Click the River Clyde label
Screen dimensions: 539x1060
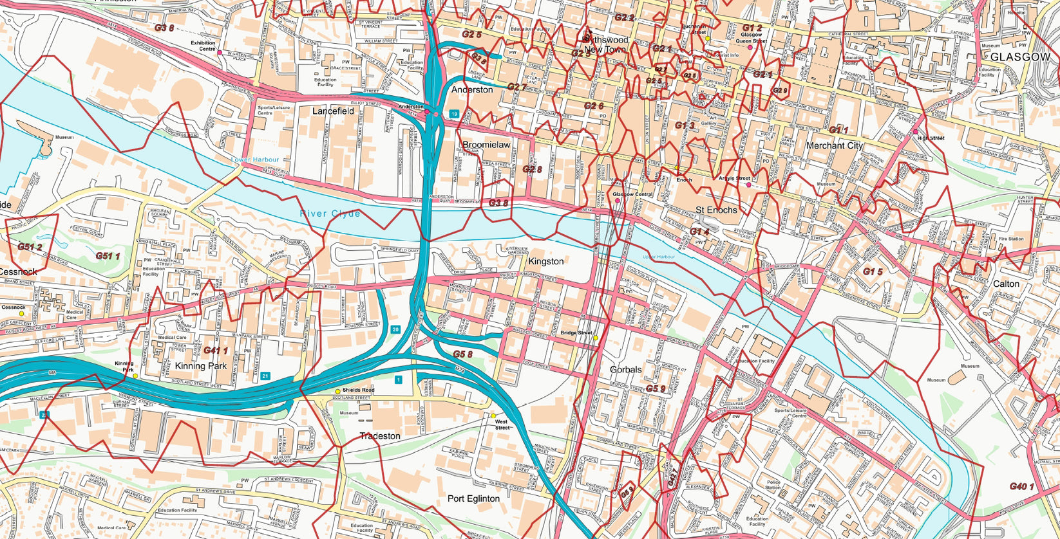[330, 214]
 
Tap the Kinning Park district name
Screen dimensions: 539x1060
[200, 366]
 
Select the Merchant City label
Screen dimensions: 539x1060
[834, 146]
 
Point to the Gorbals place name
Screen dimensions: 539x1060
[625, 370]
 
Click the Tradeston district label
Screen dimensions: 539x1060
[380, 436]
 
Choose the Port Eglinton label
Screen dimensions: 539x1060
[473, 498]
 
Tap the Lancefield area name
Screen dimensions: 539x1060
[333, 111]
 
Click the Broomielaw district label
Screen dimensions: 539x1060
[486, 145]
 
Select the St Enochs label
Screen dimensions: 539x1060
[716, 210]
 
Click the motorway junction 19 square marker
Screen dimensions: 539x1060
[454, 114]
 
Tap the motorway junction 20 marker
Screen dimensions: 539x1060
[395, 329]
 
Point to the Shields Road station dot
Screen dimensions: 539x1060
[337, 391]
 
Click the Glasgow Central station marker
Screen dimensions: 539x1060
[618, 201]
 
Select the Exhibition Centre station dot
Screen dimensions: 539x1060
[220, 52]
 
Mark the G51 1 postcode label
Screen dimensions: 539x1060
[108, 256]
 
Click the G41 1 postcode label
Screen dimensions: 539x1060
[216, 351]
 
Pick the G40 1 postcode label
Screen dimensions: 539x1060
[1021, 486]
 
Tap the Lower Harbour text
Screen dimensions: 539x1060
[256, 160]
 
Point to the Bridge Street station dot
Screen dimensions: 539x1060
[596, 338]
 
